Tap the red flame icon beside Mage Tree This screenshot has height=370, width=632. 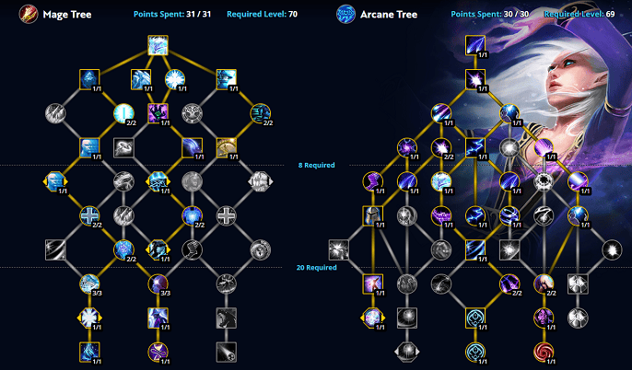click(x=29, y=15)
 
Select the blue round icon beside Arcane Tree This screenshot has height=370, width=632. click(x=346, y=15)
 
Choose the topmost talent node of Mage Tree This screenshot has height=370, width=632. click(x=158, y=45)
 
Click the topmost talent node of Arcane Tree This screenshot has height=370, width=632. click(x=475, y=45)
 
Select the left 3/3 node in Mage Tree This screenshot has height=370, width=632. click(x=89, y=283)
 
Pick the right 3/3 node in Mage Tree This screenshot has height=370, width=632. click(x=158, y=283)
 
